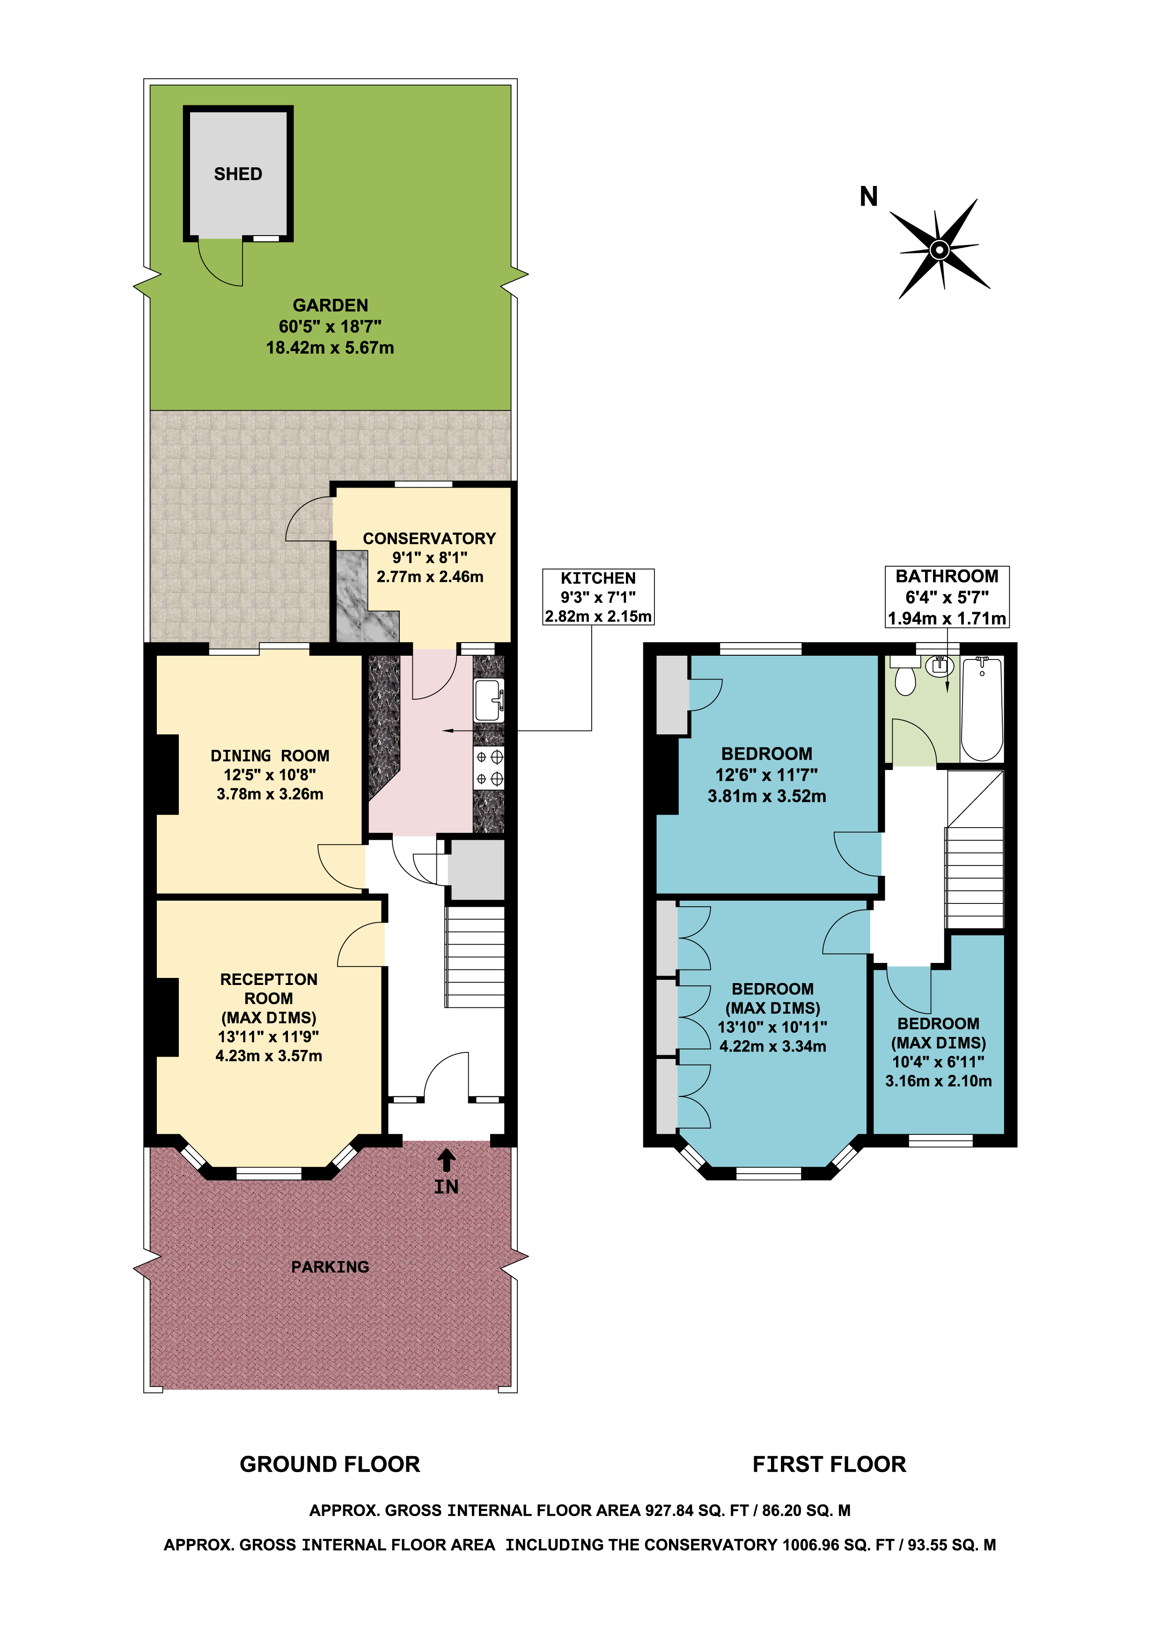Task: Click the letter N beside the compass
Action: click(868, 196)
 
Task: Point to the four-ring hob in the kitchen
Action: click(489, 767)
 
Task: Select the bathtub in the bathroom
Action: click(982, 709)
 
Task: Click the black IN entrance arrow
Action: click(446, 1159)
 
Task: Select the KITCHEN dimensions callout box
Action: click(598, 597)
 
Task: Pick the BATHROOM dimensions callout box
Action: click(947, 597)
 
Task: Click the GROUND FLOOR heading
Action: click(330, 1464)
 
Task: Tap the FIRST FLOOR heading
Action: click(829, 1464)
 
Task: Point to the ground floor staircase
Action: click(475, 957)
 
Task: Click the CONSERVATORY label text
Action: click(429, 538)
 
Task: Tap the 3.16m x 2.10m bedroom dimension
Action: click(939, 1081)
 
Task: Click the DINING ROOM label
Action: click(270, 755)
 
